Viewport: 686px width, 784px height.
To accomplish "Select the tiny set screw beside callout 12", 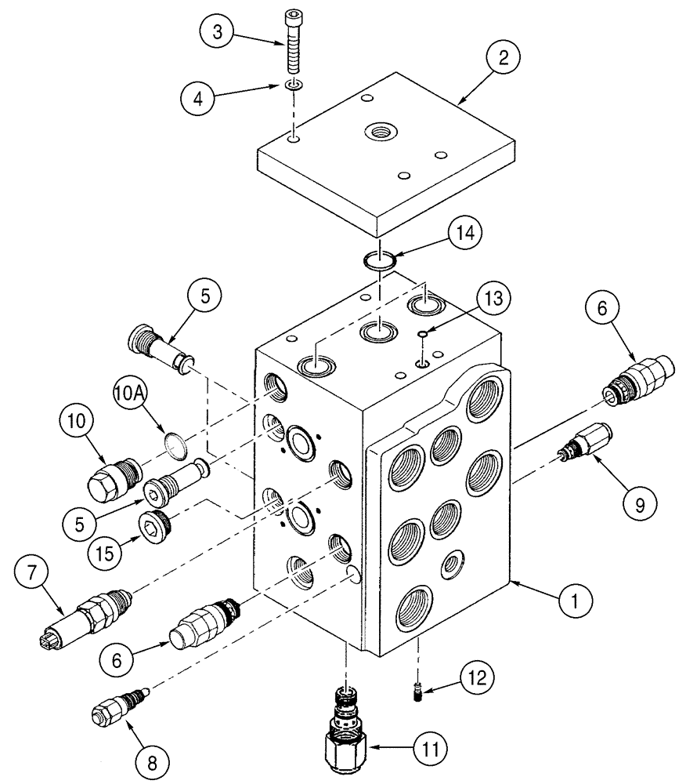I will point(418,688).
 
